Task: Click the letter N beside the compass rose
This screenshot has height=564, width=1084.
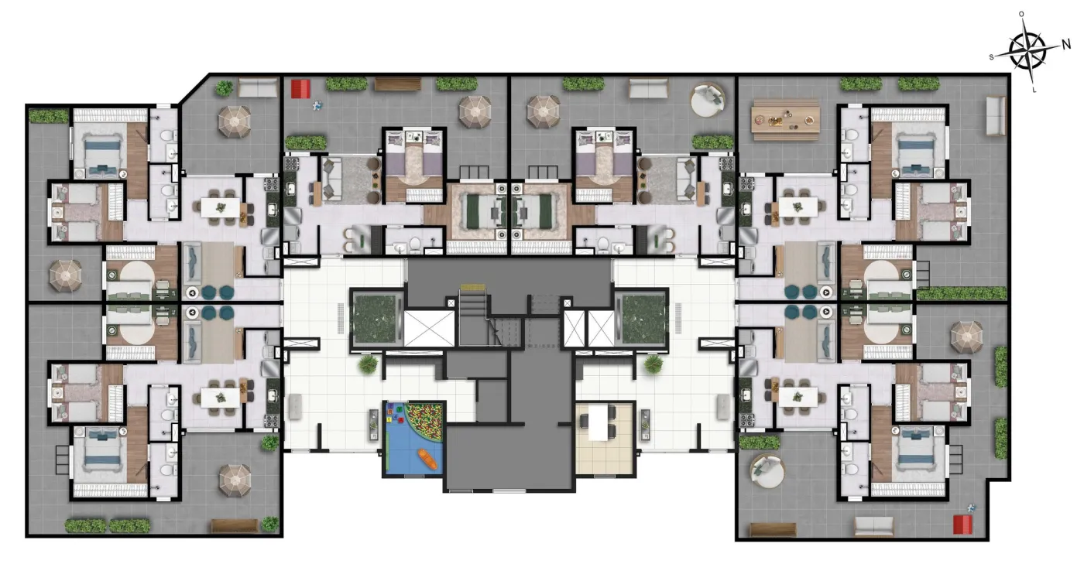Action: pyautogui.click(x=1067, y=45)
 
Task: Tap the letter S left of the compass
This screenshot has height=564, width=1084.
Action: pyautogui.click(x=991, y=57)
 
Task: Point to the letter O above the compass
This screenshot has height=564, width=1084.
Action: pyautogui.click(x=1021, y=14)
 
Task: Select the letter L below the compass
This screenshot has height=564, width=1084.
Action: pyautogui.click(x=1034, y=90)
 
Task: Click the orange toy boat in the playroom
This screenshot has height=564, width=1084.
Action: pyautogui.click(x=427, y=459)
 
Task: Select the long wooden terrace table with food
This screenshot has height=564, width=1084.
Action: pyautogui.click(x=785, y=120)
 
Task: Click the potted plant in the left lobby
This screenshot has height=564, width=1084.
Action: pyautogui.click(x=369, y=364)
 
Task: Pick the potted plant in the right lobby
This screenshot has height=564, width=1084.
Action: pyautogui.click(x=653, y=364)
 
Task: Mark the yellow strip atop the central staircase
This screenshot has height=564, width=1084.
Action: pyautogui.click(x=468, y=287)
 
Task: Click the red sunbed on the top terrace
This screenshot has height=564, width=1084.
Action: pyautogui.click(x=300, y=89)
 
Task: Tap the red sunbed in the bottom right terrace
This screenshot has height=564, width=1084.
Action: pyautogui.click(x=962, y=525)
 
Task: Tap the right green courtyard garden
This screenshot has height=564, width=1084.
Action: pyautogui.click(x=642, y=317)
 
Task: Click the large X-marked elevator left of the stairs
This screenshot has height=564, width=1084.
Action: pyautogui.click(x=429, y=329)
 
